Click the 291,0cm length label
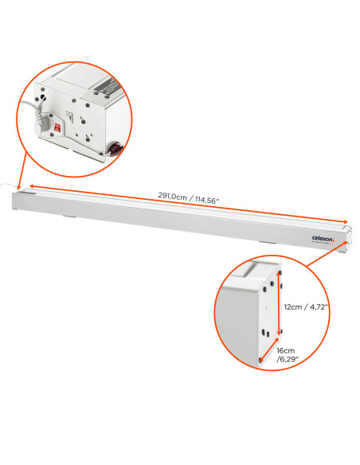pyautogui.click(x=172, y=196)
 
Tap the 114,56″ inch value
pyautogui.click(x=207, y=200)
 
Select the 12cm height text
pyautogui.click(x=293, y=307)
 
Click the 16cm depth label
pyautogui.click(x=286, y=350)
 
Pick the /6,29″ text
pyautogui.click(x=287, y=359)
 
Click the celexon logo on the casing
pyautogui.click(x=323, y=238)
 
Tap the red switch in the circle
pyautogui.click(x=57, y=128)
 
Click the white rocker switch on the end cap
pyautogui.click(x=69, y=116)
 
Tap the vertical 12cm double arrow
pyautogui.click(x=279, y=303)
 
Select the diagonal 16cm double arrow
pyautogui.click(x=269, y=350)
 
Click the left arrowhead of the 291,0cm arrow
pyautogui.click(x=32, y=186)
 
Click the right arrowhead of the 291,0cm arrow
pyautogui.click(x=345, y=221)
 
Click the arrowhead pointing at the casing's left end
pyautogui.click(x=18, y=186)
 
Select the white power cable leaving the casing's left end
pyautogui.click(x=6, y=186)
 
